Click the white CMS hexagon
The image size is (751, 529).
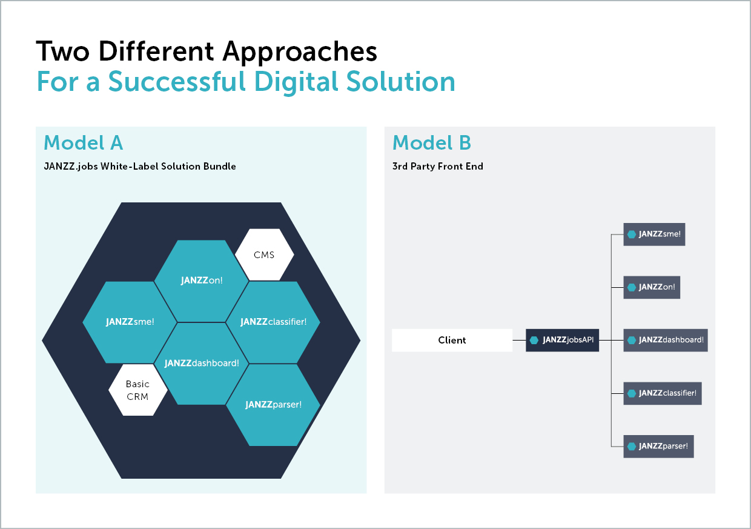click(264, 255)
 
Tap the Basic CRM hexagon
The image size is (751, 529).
click(137, 390)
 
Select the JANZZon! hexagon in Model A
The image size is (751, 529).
click(202, 281)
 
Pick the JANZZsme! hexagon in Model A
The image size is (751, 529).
click(130, 322)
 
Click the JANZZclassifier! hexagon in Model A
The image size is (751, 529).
click(273, 322)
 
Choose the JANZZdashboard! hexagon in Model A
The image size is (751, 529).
click(202, 363)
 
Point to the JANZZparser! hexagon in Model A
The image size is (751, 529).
click(273, 404)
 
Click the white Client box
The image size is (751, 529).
click(452, 340)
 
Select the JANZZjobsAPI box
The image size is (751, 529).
click(562, 340)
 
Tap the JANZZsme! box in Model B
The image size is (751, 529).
click(654, 234)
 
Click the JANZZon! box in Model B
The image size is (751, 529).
click(652, 287)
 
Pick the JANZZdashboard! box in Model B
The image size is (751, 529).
click(666, 340)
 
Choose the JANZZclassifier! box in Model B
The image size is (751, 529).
click(663, 393)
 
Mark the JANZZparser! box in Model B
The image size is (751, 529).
click(658, 446)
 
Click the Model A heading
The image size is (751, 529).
click(84, 143)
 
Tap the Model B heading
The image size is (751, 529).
click(432, 143)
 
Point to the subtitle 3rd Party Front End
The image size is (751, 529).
click(438, 166)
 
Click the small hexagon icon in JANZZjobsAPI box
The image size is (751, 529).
click(534, 340)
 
